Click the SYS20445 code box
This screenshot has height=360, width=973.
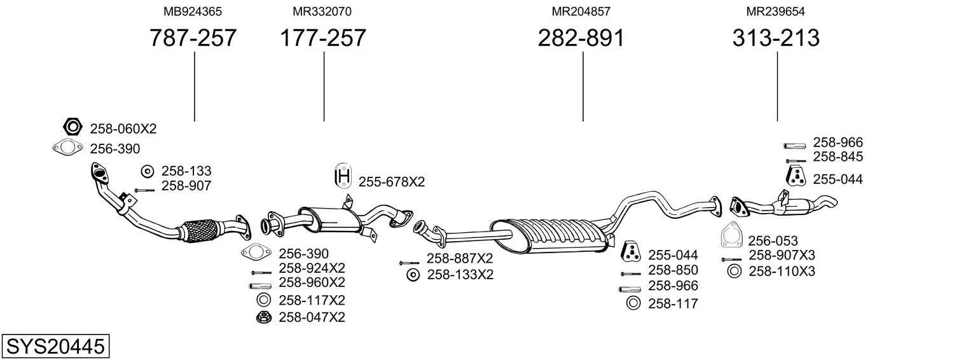pos(55,346)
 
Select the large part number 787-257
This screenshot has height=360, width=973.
pos(193,38)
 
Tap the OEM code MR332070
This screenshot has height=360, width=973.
pos(322,11)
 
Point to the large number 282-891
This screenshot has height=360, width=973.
pos(581,38)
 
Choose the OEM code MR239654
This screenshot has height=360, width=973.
pos(775,11)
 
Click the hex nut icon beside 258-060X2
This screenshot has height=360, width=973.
pos(72,127)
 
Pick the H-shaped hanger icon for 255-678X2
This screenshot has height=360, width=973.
pos(343,176)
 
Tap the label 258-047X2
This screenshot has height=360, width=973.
pos(312,317)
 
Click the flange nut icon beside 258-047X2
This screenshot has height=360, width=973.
pos(263,317)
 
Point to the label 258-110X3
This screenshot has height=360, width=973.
pos(782,272)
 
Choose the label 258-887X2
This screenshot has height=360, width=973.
pos(460,258)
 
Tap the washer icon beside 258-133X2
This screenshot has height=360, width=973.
pos(413,275)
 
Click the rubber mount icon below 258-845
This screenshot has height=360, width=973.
pos(796,176)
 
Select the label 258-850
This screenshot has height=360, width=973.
pos(673,270)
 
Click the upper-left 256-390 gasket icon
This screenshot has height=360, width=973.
pos(67,148)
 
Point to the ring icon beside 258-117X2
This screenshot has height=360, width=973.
pos(263,300)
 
